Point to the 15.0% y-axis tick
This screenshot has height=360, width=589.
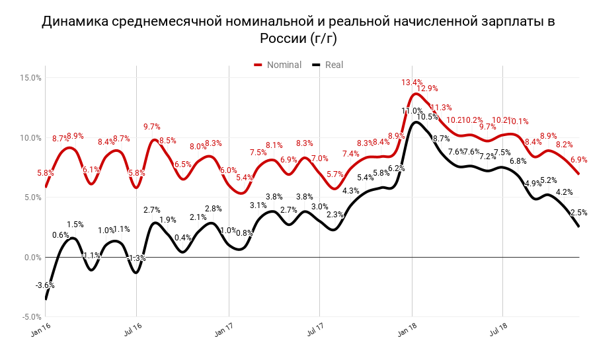[31, 78]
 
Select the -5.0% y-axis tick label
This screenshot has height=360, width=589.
[31, 317]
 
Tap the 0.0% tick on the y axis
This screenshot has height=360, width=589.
[32, 258]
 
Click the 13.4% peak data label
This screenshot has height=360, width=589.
[412, 83]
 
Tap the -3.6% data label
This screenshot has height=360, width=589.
[44, 285]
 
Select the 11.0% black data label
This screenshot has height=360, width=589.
[412, 111]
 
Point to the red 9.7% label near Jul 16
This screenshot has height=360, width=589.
[152, 127]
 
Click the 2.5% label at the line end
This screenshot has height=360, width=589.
[578, 213]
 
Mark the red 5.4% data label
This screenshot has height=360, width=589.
[244, 178]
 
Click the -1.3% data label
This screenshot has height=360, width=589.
[136, 258]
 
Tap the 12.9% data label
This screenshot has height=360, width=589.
[427, 89]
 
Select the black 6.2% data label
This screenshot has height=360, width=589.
[397, 168]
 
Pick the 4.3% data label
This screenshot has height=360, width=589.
[351, 191]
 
